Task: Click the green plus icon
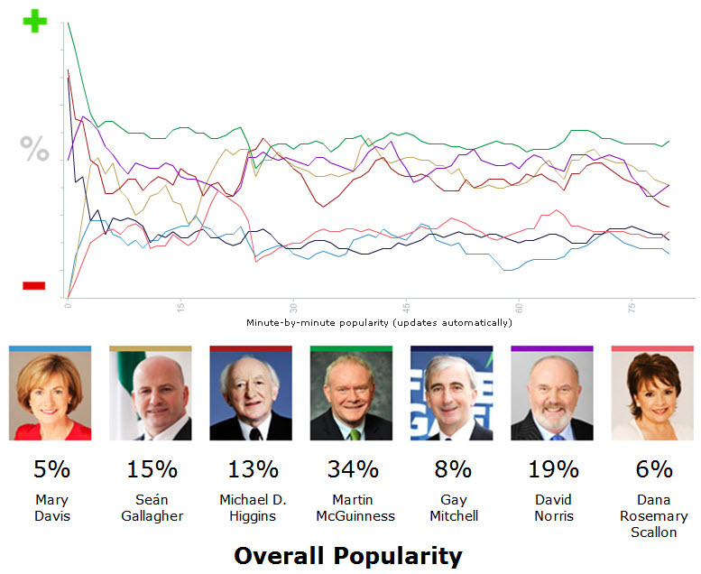click(34, 21)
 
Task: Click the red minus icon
click(34, 286)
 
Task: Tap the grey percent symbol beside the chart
click(35, 149)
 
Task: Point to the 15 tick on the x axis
click(181, 306)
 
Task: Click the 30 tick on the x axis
click(293, 306)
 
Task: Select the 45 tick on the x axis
click(407, 306)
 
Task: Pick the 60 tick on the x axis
click(519, 306)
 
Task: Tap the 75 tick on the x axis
click(632, 306)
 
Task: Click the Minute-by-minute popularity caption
click(379, 322)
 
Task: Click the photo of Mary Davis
click(51, 395)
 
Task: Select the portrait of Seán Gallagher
click(151, 395)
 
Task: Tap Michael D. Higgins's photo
click(251, 395)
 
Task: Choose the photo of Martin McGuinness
click(351, 395)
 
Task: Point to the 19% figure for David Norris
click(553, 469)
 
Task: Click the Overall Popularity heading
click(347, 555)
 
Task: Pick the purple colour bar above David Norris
click(552, 348)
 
